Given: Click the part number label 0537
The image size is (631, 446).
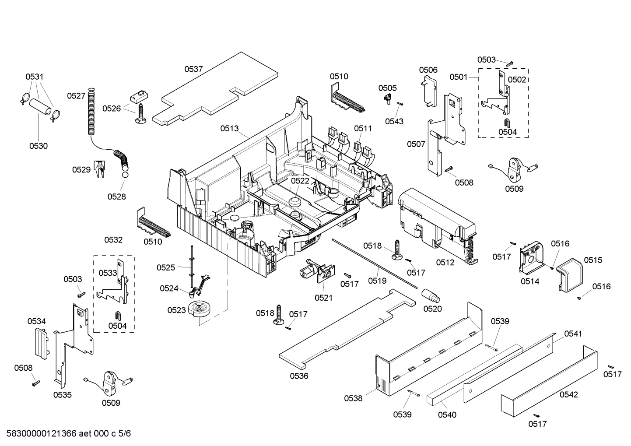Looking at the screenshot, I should pyautogui.click(x=193, y=69).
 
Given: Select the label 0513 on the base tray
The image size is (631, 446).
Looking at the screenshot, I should pyautogui.click(x=229, y=128).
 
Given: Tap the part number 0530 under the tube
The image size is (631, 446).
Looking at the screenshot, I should pyautogui.click(x=39, y=146).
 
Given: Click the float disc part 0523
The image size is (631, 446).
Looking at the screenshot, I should pyautogui.click(x=199, y=309).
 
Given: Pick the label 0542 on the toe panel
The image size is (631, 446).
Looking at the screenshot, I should pyautogui.click(x=568, y=394).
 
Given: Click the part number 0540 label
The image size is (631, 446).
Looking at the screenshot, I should pyautogui.click(x=447, y=414).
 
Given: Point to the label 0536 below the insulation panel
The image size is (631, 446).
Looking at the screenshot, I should pyautogui.click(x=299, y=376).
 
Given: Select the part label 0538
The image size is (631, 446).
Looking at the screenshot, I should pyautogui.click(x=353, y=398).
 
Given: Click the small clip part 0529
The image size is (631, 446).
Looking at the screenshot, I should pyautogui.click(x=100, y=169).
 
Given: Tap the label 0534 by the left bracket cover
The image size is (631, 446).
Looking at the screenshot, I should pyautogui.click(x=37, y=321).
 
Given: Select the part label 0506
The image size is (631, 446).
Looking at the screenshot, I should pyautogui.click(x=428, y=70).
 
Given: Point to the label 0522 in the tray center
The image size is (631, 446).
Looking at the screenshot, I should pyautogui.click(x=300, y=181).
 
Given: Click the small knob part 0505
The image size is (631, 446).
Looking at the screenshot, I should pyautogui.click(x=387, y=100).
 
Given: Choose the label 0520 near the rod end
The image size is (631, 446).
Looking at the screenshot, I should pyautogui.click(x=432, y=309).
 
